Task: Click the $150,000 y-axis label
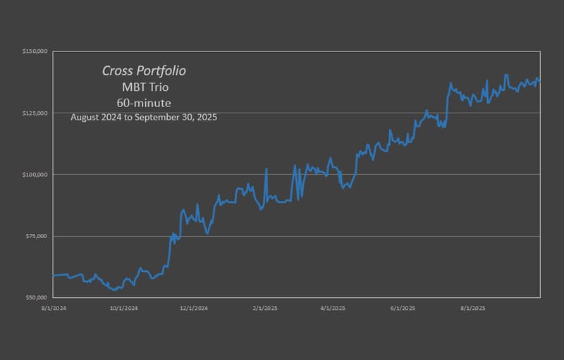coord(35,51)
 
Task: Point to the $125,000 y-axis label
coord(35,113)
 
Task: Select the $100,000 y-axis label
coord(35,174)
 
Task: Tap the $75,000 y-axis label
coord(36,236)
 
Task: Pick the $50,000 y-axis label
coord(36,297)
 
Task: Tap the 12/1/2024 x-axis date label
coord(193,308)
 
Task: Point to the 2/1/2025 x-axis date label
coord(264,308)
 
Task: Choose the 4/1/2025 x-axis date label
coord(332,308)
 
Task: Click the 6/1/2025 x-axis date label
coord(403,308)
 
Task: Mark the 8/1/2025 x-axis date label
coord(472,308)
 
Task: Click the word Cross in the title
coord(118,70)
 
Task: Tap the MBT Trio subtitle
coord(145,87)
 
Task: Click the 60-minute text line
coord(144,103)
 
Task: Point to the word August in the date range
coord(87,118)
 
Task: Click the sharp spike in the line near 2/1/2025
coord(266,169)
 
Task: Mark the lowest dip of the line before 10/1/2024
coord(113,290)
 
